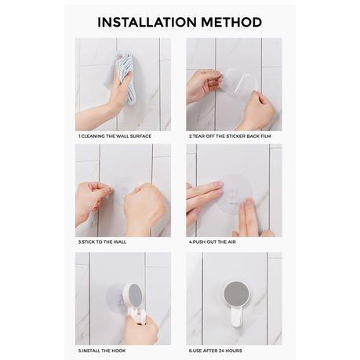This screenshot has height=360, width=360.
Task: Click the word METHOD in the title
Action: click(231, 22)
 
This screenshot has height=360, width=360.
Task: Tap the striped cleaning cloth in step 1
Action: click(122, 78)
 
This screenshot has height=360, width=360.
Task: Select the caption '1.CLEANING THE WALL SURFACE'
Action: click(115, 136)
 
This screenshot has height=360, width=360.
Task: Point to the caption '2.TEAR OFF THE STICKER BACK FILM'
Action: click(230, 136)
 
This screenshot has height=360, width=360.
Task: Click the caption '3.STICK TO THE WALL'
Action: click(102, 242)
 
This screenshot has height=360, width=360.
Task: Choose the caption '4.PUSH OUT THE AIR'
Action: click(212, 242)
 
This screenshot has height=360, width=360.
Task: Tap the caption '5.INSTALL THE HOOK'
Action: click(102, 351)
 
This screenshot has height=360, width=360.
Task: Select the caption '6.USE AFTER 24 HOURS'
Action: click(215, 351)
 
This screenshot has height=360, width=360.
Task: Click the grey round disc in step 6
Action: click(236, 293)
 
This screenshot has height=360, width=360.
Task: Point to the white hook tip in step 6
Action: click(236, 323)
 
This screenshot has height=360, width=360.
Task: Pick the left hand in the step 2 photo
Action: click(203, 86)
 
